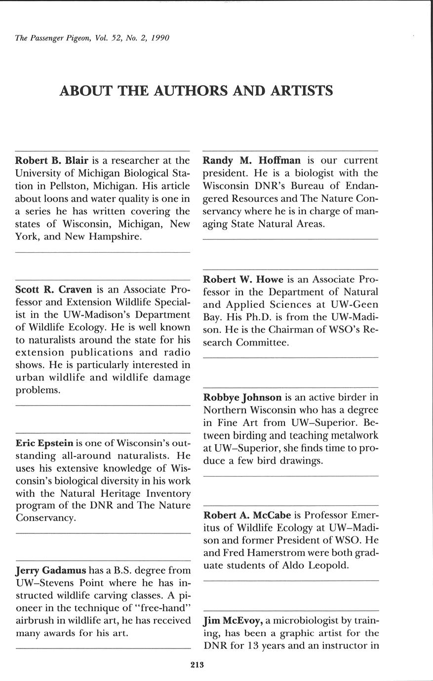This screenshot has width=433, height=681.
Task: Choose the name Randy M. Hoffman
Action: pyautogui.click(x=252, y=160)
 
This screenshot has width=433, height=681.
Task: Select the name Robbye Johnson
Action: pyautogui.click(x=242, y=397)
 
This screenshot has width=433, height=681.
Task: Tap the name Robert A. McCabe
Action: pyautogui.click(x=247, y=516)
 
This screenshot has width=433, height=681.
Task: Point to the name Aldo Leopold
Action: pyautogui.click(x=315, y=566)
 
